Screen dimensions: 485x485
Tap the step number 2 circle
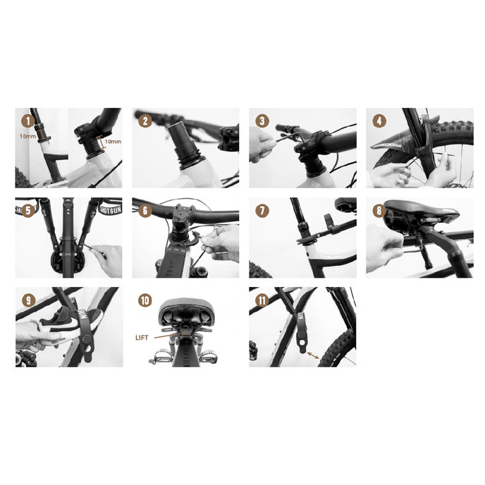pyautogui.click(x=145, y=121)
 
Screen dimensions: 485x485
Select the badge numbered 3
pyautogui.click(x=262, y=121)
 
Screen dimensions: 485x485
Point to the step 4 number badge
pyautogui.click(x=379, y=121)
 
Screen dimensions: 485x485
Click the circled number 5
pyautogui.click(x=28, y=210)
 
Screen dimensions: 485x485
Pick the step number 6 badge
pyautogui.click(x=145, y=210)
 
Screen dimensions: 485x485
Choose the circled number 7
pyautogui.click(x=262, y=210)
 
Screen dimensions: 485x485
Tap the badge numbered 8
pyautogui.click(x=379, y=210)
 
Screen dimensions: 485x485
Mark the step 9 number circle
pyautogui.click(x=28, y=300)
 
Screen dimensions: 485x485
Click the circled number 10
pyautogui.click(x=145, y=300)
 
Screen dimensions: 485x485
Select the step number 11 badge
pyautogui.click(x=262, y=300)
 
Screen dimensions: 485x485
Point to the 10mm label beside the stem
pyautogui.click(x=112, y=142)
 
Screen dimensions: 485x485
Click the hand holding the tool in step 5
pyautogui.click(x=104, y=254)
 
